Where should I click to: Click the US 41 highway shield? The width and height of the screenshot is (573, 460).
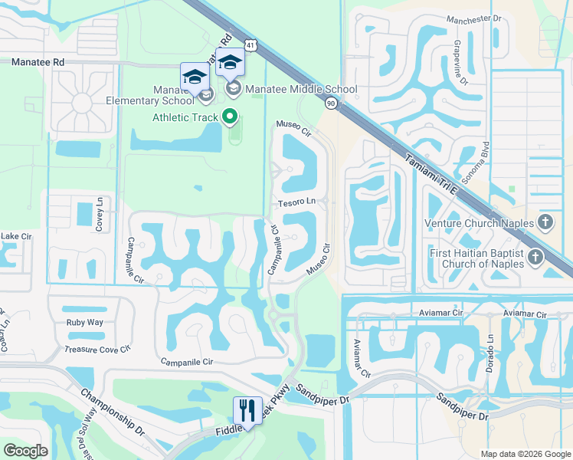pyautogui.click(x=252, y=46)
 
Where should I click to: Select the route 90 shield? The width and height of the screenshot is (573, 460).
pyautogui.click(x=331, y=102)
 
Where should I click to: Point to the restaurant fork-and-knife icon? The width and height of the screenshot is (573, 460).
pyautogui.click(x=247, y=410)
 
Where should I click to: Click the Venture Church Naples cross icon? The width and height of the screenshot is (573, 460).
pyautogui.click(x=545, y=224)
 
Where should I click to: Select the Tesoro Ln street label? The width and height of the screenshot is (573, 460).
pyautogui.click(x=296, y=202)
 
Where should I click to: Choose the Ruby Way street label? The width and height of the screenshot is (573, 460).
pyautogui.click(x=84, y=323)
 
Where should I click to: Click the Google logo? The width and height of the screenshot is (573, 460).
pyautogui.click(x=26, y=451)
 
